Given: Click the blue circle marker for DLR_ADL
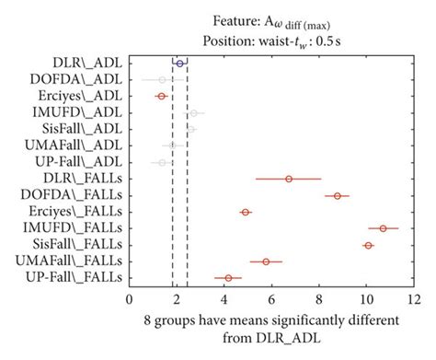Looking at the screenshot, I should point(180,63).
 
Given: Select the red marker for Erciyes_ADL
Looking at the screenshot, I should point(162,96).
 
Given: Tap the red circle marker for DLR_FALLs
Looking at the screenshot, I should point(288,179).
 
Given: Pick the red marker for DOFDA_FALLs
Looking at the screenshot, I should point(338,195).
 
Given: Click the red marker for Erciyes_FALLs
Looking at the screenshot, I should point(246,212).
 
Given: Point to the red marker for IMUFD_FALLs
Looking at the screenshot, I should point(384,227).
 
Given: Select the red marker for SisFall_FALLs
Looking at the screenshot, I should point(369,245).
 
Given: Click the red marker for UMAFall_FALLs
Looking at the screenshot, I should point(266,261).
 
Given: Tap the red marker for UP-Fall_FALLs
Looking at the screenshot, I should point(228,277).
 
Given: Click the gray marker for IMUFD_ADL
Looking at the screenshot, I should point(193,112).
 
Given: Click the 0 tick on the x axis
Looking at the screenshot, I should point(129,299).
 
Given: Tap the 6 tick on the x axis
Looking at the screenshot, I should point(271,299).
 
